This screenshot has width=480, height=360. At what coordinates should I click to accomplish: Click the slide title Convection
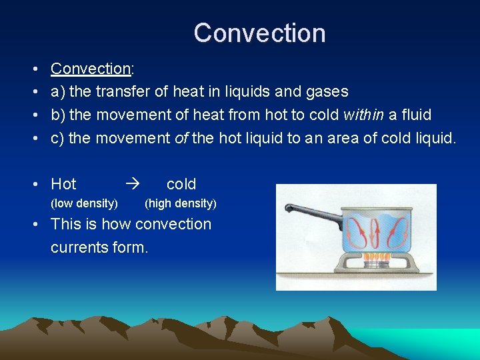[259, 33]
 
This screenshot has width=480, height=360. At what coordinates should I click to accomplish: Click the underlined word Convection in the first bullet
[90, 69]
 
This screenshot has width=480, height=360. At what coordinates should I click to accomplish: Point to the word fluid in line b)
[416, 115]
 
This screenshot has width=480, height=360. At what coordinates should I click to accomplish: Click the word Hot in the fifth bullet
[64, 184]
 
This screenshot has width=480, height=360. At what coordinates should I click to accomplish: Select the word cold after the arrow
[181, 184]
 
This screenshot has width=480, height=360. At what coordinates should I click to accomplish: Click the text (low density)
[85, 203]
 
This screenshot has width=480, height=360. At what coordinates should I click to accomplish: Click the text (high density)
[181, 203]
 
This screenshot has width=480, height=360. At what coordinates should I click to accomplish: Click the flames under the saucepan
[376, 257]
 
